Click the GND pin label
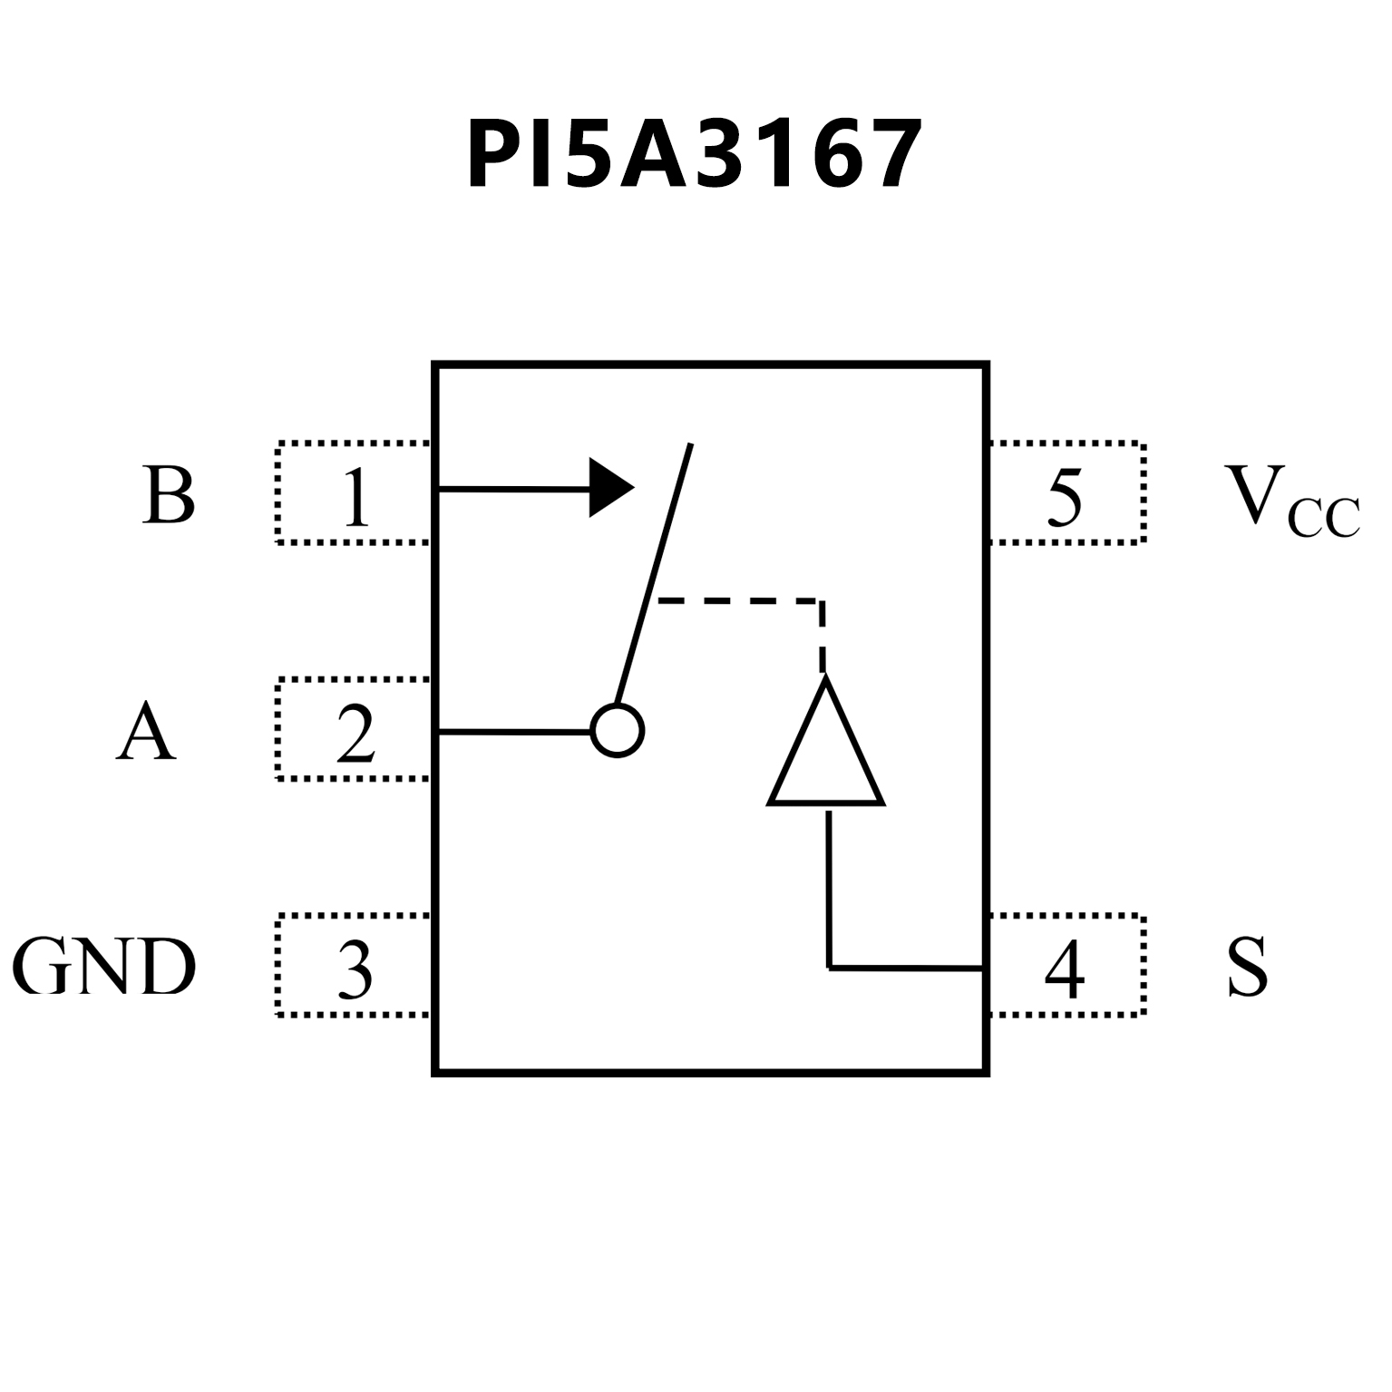(104, 967)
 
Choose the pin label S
(1247, 967)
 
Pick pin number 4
(1065, 969)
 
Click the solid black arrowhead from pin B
(610, 488)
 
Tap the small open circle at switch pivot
(618, 730)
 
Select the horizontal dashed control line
(739, 600)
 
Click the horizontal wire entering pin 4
(907, 969)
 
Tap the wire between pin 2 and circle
(514, 730)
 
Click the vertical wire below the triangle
(829, 889)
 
